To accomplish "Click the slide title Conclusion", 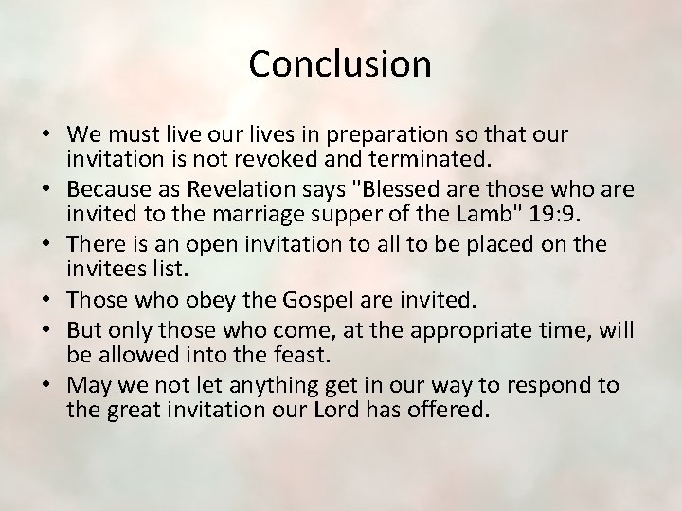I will click(340, 63).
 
